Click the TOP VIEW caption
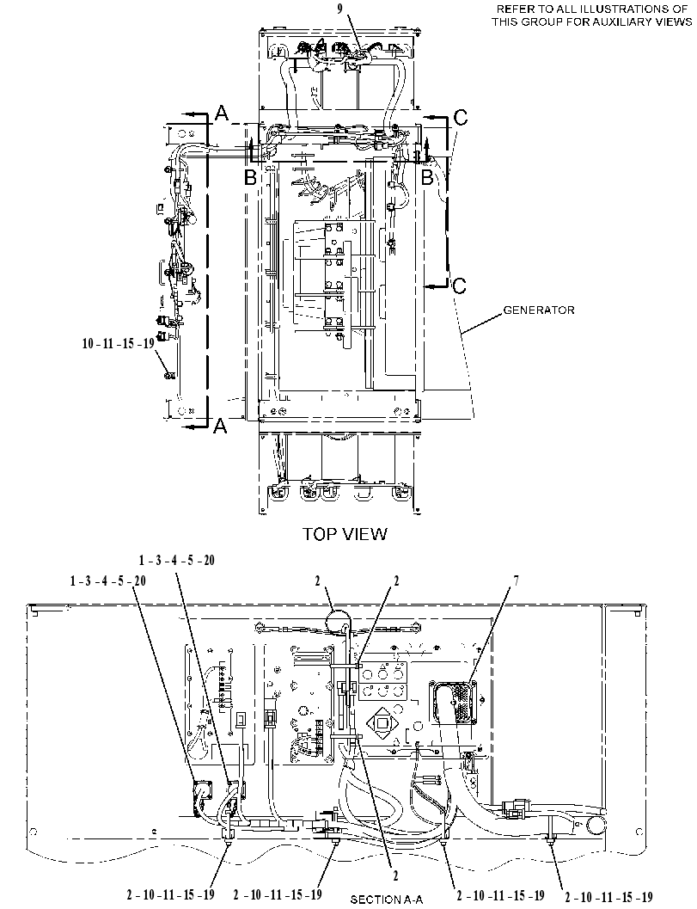[344, 533]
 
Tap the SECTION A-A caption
[387, 900]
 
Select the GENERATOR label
[539, 310]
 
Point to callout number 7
[514, 580]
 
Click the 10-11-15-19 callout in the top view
[119, 343]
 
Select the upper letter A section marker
[222, 114]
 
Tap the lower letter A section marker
[220, 426]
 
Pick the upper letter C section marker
[460, 118]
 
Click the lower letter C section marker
[460, 286]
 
